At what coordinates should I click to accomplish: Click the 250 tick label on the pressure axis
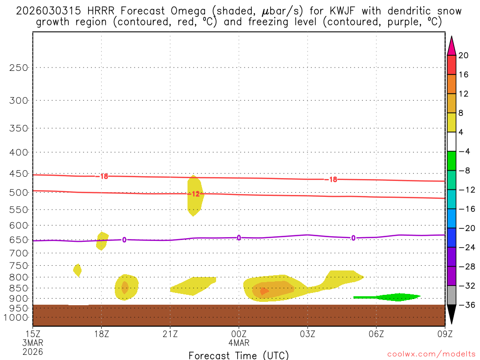point(19,67)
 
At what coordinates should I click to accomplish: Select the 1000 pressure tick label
point(17,318)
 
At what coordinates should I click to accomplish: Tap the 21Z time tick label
point(170,334)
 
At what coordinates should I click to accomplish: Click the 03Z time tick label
point(307,334)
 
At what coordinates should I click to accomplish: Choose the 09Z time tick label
point(445,334)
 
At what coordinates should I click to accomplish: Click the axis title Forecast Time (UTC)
point(239,355)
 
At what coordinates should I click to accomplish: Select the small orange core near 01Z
point(264,291)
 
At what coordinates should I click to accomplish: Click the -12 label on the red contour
point(194,194)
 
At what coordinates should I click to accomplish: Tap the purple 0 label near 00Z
point(239,238)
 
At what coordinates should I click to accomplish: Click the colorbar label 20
point(464,55)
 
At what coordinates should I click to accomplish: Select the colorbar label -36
point(465,305)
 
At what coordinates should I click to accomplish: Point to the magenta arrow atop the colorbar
point(451,46)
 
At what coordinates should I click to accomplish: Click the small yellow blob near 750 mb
point(77,270)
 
